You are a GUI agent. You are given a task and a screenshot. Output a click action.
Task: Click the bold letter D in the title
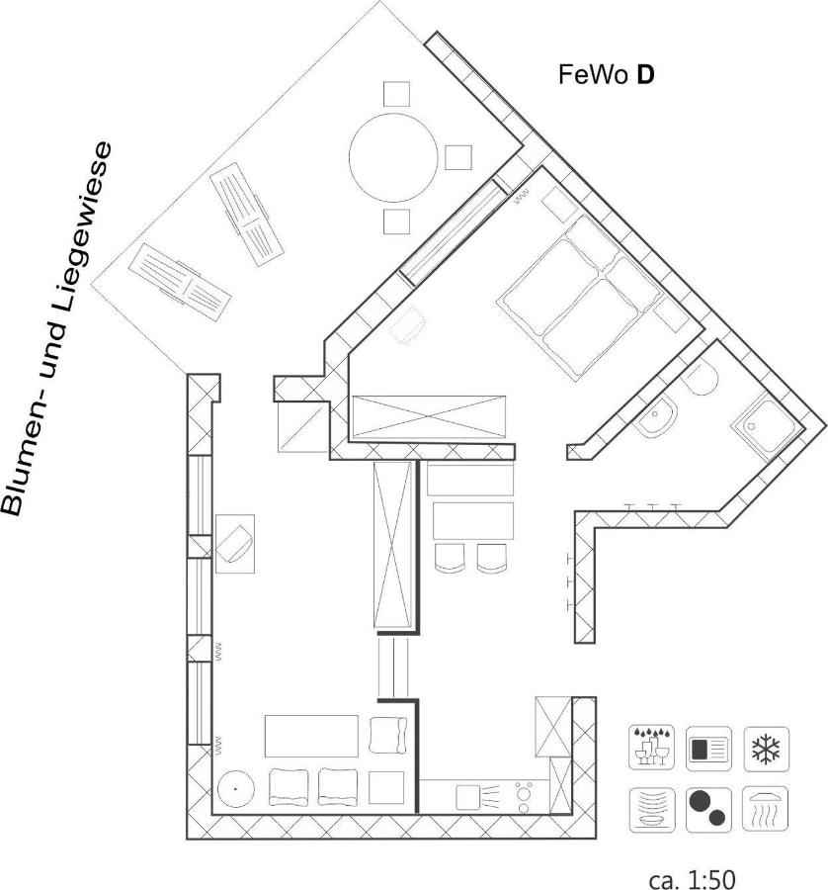645,75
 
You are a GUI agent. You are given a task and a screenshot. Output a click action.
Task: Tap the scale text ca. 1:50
692,879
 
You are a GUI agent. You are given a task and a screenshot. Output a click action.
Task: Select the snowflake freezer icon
766,749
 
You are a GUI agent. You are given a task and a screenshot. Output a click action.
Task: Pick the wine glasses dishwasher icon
651,748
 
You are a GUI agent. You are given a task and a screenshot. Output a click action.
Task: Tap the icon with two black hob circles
708,809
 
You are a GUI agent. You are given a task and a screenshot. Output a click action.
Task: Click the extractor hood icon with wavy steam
766,809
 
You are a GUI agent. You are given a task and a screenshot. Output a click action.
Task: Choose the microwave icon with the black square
708,749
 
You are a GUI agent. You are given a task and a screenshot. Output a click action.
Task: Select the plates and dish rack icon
651,810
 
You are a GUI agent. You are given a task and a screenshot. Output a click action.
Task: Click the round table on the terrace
393,157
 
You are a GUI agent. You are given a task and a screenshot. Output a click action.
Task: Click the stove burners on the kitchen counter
524,796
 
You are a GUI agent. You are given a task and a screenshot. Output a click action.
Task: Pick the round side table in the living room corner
235,788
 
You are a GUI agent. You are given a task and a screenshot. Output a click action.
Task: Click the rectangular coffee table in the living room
311,736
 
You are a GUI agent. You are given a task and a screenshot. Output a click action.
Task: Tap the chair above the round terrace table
396,94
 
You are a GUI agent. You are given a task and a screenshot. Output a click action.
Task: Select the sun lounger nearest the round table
246,215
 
